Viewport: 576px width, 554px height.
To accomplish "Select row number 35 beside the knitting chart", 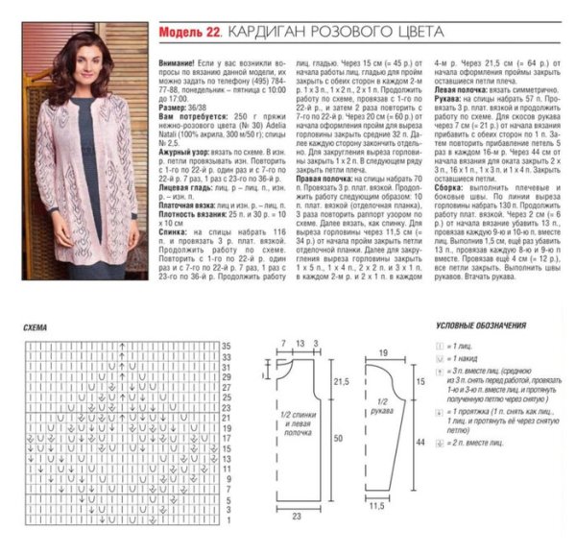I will tap(228, 345).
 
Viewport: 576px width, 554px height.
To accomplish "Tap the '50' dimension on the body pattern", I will tap(336, 437).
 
